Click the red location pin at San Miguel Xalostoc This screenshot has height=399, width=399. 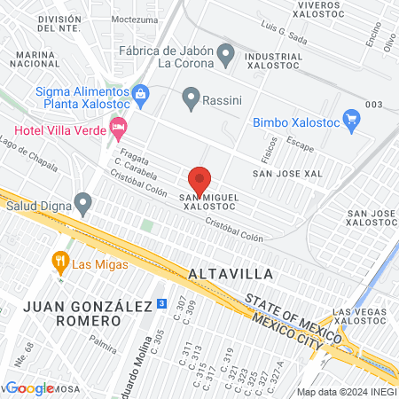tap(199, 179)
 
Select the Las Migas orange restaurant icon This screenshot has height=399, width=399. tap(60, 261)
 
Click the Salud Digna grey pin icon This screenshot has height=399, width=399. tap(83, 205)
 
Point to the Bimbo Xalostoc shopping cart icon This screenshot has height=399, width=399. tap(352, 117)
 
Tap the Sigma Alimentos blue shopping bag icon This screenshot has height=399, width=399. tap(138, 92)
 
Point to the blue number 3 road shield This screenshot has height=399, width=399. tap(160, 302)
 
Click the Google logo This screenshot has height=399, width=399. tap(29, 387)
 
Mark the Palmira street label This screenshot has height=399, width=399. tap(103, 338)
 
